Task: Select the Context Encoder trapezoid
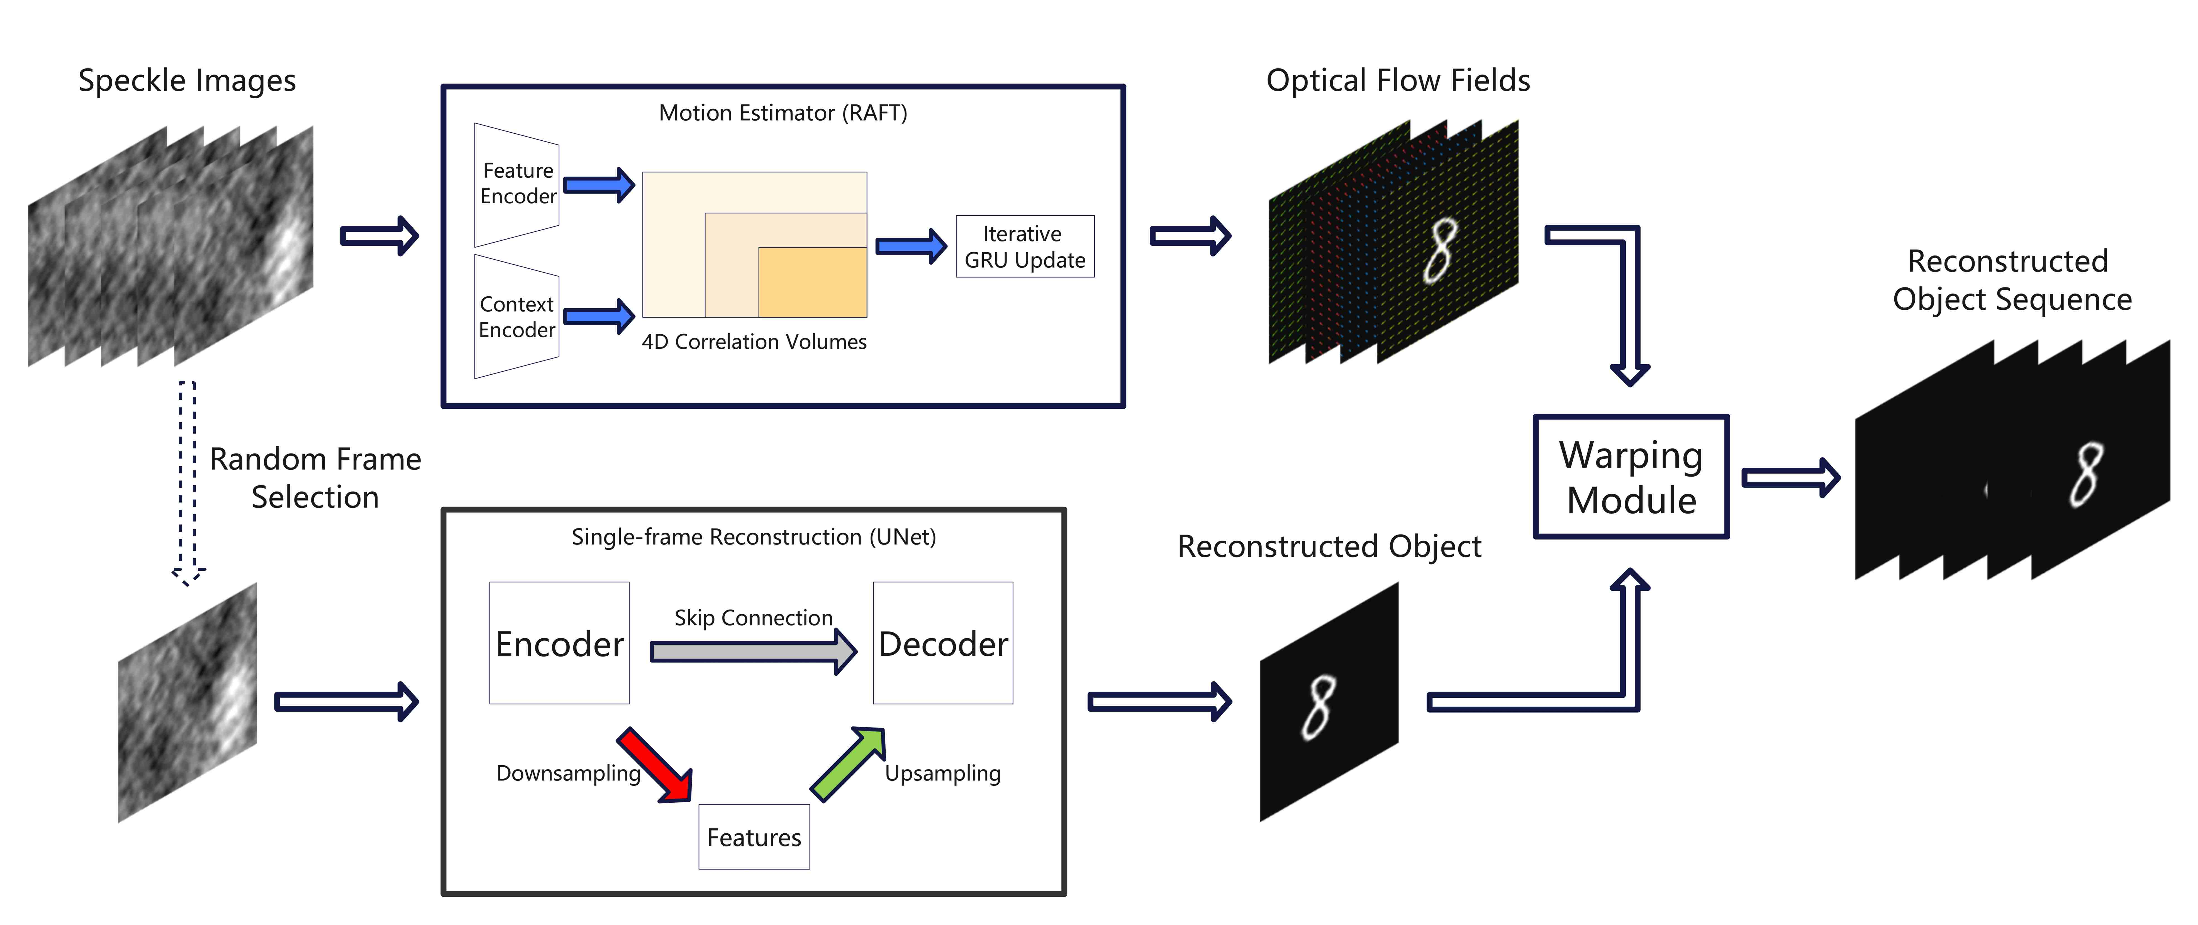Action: coord(516,317)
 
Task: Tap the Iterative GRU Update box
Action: coord(1025,246)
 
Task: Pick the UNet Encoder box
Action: coord(559,643)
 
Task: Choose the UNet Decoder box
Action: coord(943,643)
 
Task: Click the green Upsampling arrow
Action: coord(847,764)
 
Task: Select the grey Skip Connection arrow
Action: coord(754,652)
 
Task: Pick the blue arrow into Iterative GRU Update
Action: coord(911,246)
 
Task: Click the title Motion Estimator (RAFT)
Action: coord(783,113)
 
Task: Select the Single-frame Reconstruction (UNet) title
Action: coord(754,537)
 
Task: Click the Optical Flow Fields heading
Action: coord(1398,80)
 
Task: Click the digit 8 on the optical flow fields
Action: coord(1440,250)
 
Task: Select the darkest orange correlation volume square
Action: coord(812,282)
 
